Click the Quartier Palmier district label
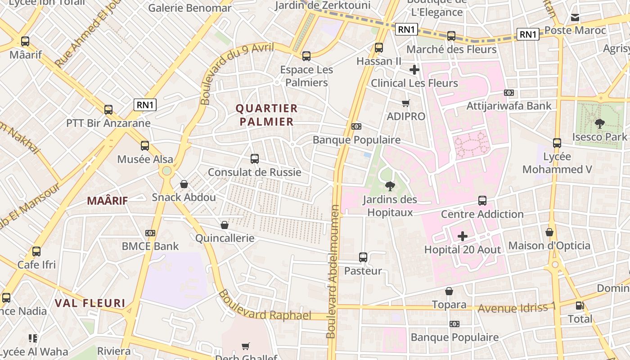[x=266, y=115]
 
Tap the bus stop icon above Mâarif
[x=25, y=41]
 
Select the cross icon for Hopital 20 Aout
[x=463, y=236]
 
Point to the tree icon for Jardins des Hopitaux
[x=390, y=186]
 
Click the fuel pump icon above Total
[x=580, y=306]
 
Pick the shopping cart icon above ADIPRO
[x=406, y=103]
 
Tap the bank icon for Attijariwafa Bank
[x=509, y=93]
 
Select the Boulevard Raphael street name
[x=265, y=306]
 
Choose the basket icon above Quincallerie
[x=225, y=225]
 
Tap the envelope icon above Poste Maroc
[x=575, y=18]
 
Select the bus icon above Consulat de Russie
[x=255, y=159]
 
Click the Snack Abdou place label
[x=184, y=198]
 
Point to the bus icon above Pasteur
[x=363, y=257]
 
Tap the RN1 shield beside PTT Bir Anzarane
[x=145, y=105]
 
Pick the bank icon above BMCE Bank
[x=150, y=233]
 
